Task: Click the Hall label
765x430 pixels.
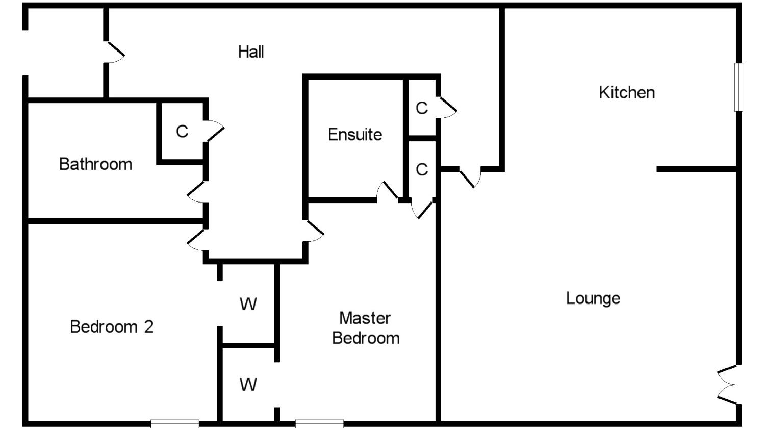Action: pyautogui.click(x=251, y=52)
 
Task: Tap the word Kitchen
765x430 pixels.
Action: pyautogui.click(x=627, y=92)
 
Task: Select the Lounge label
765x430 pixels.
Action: pyautogui.click(x=593, y=298)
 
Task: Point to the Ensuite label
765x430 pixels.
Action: pyautogui.click(x=355, y=135)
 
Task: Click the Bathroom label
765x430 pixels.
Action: pyautogui.click(x=96, y=164)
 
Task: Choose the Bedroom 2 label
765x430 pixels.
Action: pyautogui.click(x=112, y=327)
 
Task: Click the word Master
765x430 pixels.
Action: pyautogui.click(x=365, y=318)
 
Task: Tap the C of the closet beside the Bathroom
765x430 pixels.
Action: pyautogui.click(x=182, y=132)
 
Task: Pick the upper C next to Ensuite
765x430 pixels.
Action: pyautogui.click(x=422, y=108)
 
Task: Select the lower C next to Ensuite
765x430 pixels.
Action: pyautogui.click(x=422, y=169)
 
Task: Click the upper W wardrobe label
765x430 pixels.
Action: pyautogui.click(x=248, y=305)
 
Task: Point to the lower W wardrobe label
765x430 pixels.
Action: pyautogui.click(x=248, y=385)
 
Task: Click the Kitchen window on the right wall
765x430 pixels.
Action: pyautogui.click(x=738, y=87)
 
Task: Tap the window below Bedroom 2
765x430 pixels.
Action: pyautogui.click(x=175, y=424)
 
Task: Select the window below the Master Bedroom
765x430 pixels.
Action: pyautogui.click(x=319, y=424)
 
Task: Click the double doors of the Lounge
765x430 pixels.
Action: pyautogui.click(x=727, y=385)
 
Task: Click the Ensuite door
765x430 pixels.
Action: pyautogui.click(x=387, y=192)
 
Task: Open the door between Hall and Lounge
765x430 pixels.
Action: pyautogui.click(x=470, y=178)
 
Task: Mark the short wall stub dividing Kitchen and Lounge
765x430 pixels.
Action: pyautogui.click(x=696, y=169)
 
